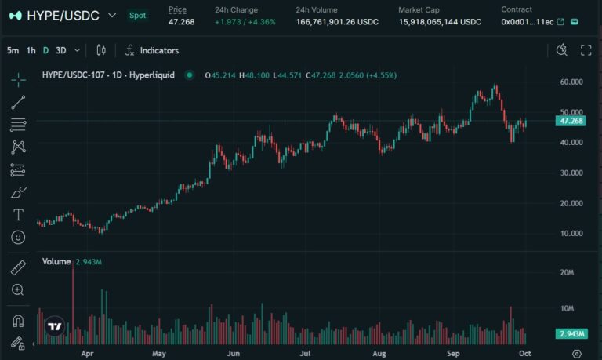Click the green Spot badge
138,15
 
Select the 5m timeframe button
13,50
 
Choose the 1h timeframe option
31,50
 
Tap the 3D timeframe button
60,50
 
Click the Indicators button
152,50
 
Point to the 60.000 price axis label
571,82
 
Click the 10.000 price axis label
571,234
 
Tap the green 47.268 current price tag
570,121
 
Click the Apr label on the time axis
87,354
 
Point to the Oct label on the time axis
524,354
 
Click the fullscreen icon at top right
586,50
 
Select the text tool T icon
18,215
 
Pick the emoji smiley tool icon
18,237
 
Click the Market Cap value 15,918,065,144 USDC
439,21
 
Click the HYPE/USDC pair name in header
63,15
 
